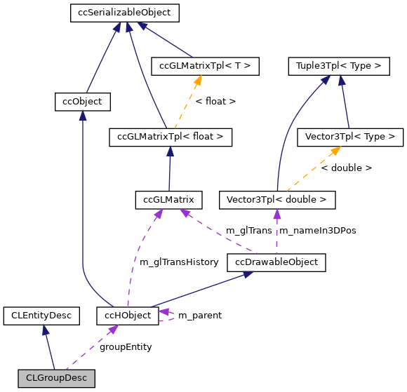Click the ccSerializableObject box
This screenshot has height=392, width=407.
(125, 13)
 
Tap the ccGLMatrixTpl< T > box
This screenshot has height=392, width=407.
(206, 67)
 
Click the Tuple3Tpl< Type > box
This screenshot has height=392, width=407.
(338, 67)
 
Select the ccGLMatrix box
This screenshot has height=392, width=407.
(169, 200)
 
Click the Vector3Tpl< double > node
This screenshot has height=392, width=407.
(277, 200)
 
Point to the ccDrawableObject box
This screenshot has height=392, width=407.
(276, 262)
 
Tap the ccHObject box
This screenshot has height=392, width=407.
(128, 316)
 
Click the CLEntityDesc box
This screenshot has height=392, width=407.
(41, 316)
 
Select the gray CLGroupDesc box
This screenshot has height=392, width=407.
(56, 378)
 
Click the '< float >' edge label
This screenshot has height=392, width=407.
(215, 102)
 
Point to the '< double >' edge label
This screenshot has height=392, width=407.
(346, 168)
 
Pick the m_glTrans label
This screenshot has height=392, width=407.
(248, 231)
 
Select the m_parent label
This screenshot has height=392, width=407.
(199, 316)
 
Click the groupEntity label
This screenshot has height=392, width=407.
(126, 346)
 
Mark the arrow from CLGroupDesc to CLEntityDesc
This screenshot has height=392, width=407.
(48, 347)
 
